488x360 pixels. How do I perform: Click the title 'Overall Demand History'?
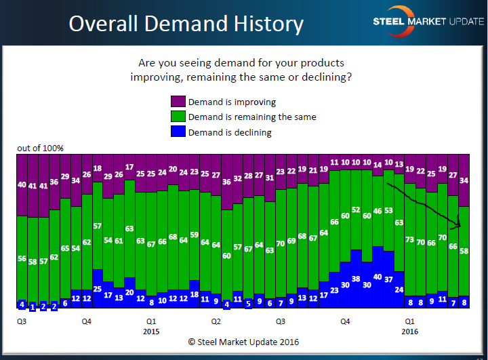tap(186, 24)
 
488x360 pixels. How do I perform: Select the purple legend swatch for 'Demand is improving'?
tap(177, 102)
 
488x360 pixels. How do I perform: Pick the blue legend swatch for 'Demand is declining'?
tap(177, 132)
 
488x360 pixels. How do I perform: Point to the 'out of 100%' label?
tap(41, 148)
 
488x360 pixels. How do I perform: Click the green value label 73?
tap(409, 239)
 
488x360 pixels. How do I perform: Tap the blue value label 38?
tap(356, 279)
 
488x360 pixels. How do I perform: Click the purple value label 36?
tap(54, 182)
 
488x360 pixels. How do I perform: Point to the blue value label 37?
tap(388, 279)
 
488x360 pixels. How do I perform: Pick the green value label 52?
tap(356, 210)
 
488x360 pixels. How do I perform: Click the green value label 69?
tap(291, 241)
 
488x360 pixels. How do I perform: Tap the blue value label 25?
tap(98, 289)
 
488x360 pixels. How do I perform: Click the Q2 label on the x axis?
tap(216, 321)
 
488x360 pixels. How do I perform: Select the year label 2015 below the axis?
tap(151, 332)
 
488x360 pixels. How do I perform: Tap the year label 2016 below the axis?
tap(409, 332)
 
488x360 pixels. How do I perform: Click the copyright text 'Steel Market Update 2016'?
tap(244, 342)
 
